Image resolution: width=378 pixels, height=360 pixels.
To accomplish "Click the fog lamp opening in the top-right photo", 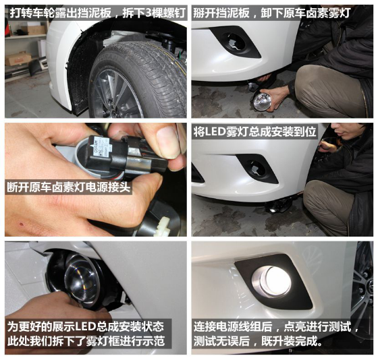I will [x=236, y=42].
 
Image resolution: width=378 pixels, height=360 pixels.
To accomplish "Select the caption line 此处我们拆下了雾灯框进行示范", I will [x=85, y=341].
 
